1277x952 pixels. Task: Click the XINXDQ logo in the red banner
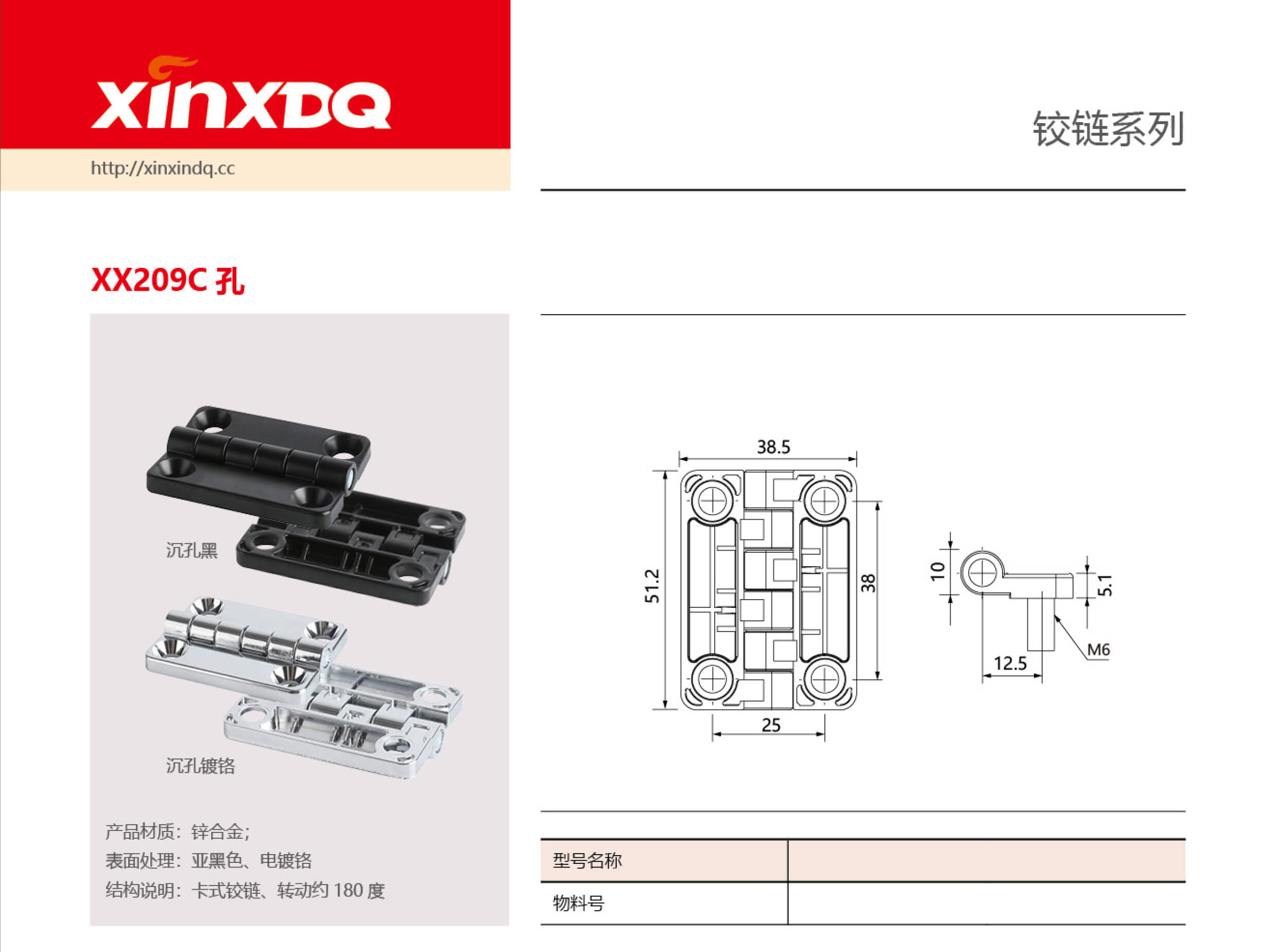[x=241, y=95]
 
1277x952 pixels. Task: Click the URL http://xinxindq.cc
[x=163, y=168]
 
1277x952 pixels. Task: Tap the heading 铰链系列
[x=1108, y=129]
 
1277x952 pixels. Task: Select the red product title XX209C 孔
[x=167, y=281]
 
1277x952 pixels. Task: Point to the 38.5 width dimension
[x=773, y=447]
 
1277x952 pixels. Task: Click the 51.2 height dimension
[x=651, y=586]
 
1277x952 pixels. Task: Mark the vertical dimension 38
[x=868, y=583]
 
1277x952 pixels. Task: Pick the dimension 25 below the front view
[x=771, y=725]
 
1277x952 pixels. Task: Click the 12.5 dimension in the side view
[x=1010, y=664]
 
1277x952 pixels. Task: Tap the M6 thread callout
[x=1098, y=650]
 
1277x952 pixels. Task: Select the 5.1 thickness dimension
[x=1105, y=586]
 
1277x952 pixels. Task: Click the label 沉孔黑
[x=192, y=550]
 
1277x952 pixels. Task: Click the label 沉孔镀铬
[x=200, y=766]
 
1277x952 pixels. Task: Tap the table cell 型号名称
[x=587, y=860]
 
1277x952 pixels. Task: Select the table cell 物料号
[x=578, y=903]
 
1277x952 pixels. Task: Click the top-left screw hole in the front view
[x=712, y=500]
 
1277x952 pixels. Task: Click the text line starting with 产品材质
[x=178, y=831]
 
